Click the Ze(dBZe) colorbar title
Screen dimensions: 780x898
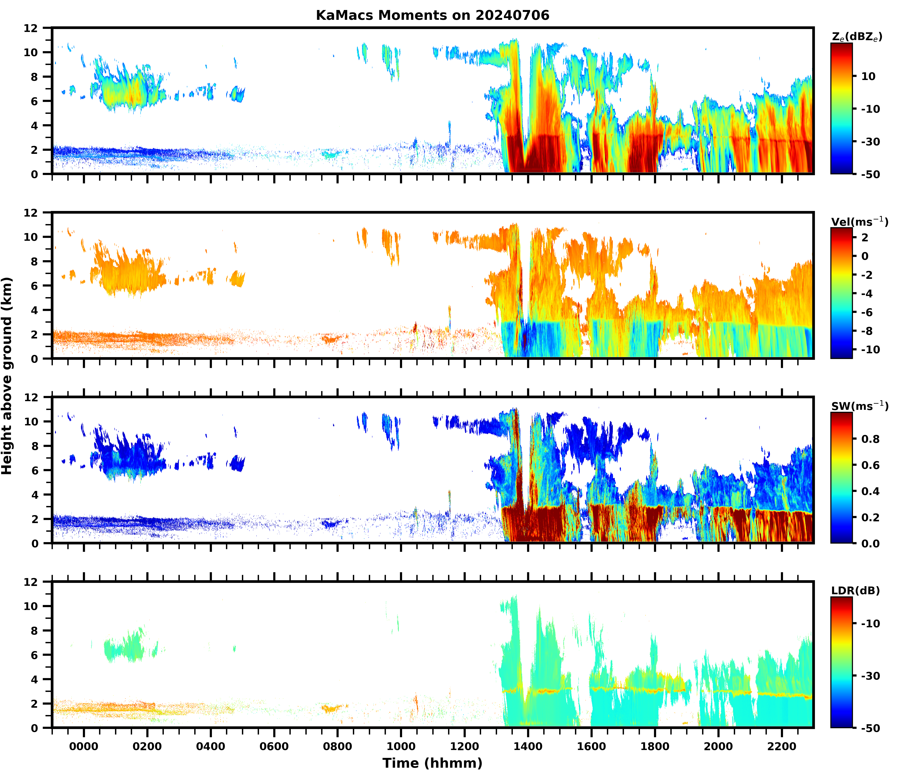[857, 37]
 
